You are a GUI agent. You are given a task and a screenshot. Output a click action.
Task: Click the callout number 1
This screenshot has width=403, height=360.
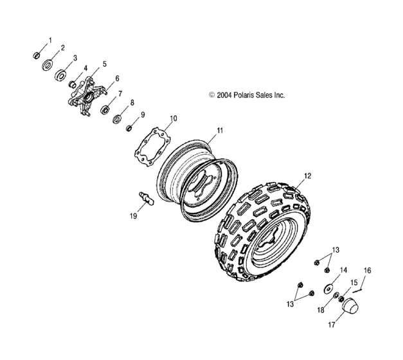tap(51, 39)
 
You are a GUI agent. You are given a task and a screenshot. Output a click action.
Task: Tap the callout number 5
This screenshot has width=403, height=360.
tap(105, 65)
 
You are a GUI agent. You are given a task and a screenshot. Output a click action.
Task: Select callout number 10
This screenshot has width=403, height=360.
tap(172, 119)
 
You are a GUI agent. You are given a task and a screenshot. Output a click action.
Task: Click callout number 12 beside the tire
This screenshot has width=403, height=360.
tap(307, 175)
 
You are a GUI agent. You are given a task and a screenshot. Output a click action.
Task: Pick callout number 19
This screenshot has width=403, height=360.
tap(134, 217)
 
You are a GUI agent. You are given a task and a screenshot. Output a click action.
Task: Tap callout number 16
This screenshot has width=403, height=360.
tap(368, 270)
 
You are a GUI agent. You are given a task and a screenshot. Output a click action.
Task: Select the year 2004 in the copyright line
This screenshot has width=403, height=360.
tap(224, 95)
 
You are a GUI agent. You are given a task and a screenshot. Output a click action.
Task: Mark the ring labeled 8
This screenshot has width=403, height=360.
tap(118, 118)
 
